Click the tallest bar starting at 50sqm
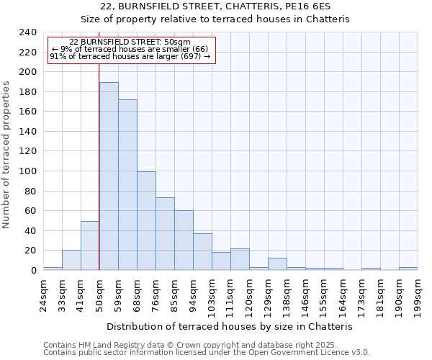pos(109,176)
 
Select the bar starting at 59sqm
pos(127,185)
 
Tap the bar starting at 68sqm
pos(146,221)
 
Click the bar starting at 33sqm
pos(71,260)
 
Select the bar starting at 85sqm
pos(184,240)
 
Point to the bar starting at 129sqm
pos(277,264)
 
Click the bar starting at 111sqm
pos(240,259)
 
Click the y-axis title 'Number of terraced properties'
pos(7,154)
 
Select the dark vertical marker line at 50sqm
pos(99,166)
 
